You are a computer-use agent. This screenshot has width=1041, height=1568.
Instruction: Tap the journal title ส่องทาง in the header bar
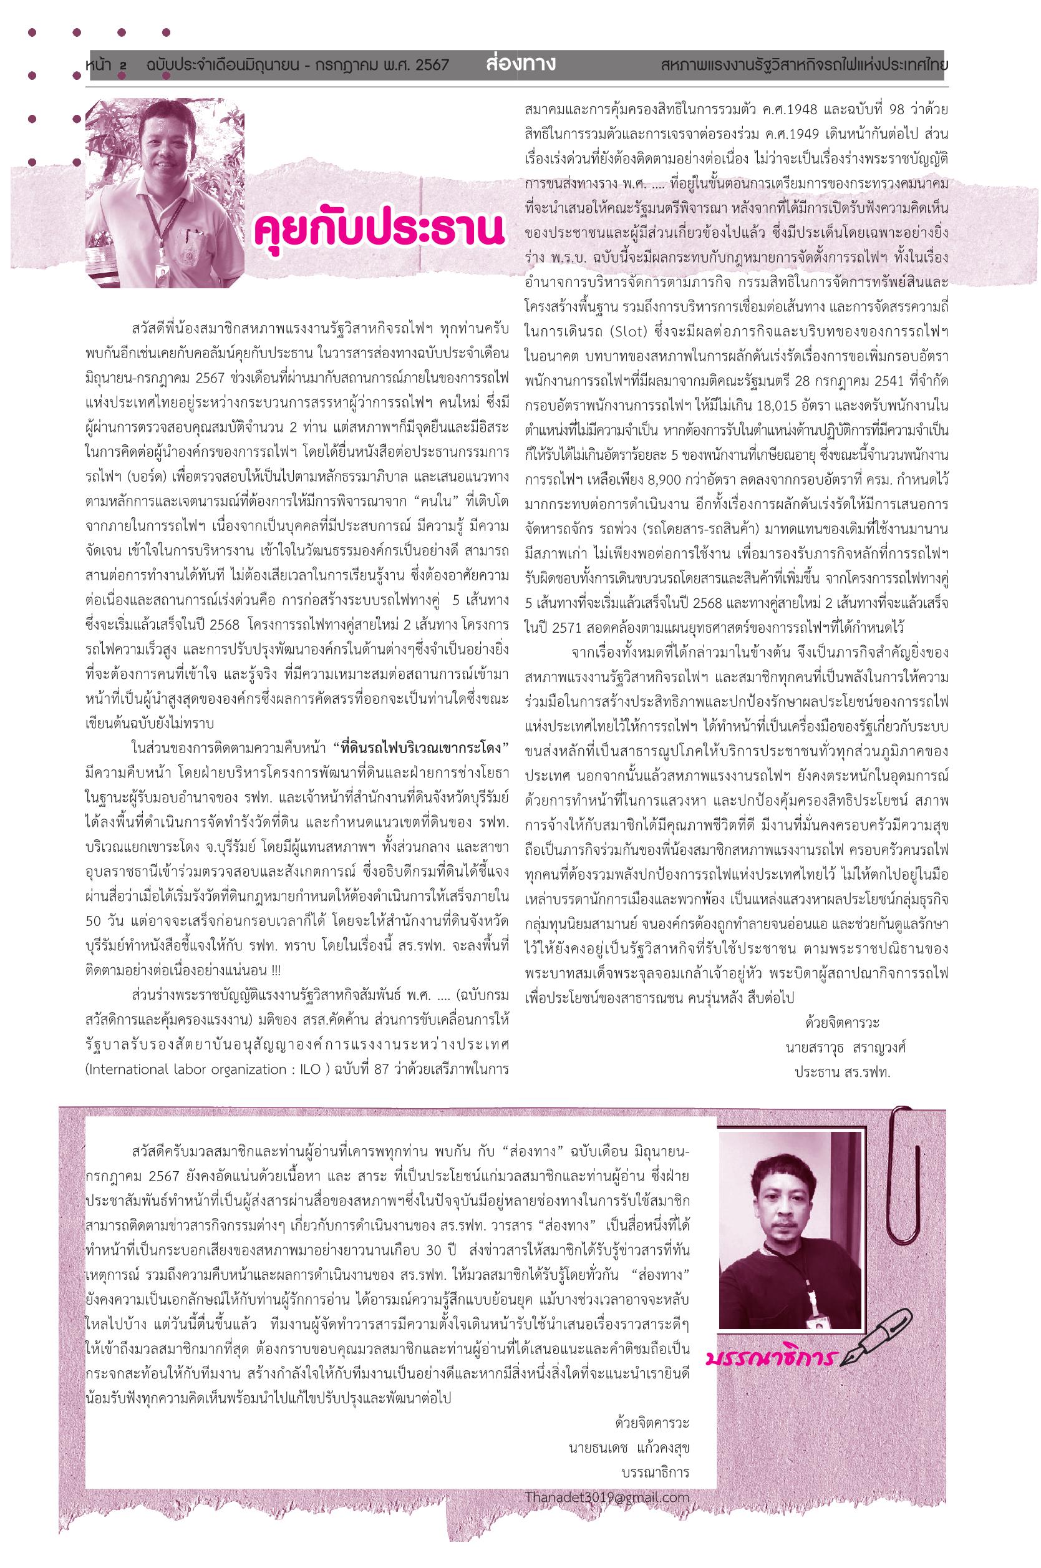[x=520, y=65]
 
